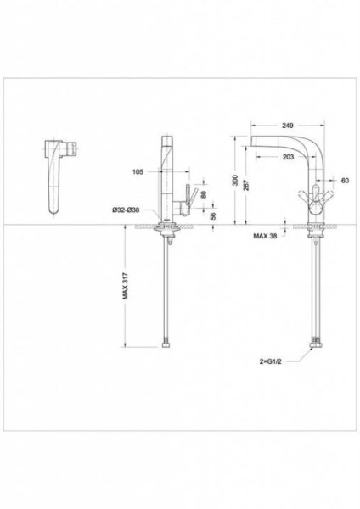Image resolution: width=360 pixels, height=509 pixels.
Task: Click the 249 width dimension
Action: click(x=288, y=126)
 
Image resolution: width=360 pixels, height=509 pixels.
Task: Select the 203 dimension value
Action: click(x=288, y=157)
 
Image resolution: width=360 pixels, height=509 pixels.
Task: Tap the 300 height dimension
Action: click(x=235, y=181)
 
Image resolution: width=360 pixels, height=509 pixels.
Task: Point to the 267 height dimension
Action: click(x=246, y=185)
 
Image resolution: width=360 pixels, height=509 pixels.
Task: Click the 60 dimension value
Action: click(x=345, y=181)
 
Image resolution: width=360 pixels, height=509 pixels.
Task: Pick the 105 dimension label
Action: click(x=138, y=171)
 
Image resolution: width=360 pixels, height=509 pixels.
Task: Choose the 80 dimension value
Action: click(x=204, y=194)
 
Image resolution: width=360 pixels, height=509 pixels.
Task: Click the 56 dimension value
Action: click(x=213, y=215)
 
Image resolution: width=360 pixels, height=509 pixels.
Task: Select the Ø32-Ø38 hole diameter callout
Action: click(x=126, y=210)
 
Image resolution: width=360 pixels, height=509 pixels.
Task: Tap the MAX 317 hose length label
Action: click(x=125, y=286)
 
